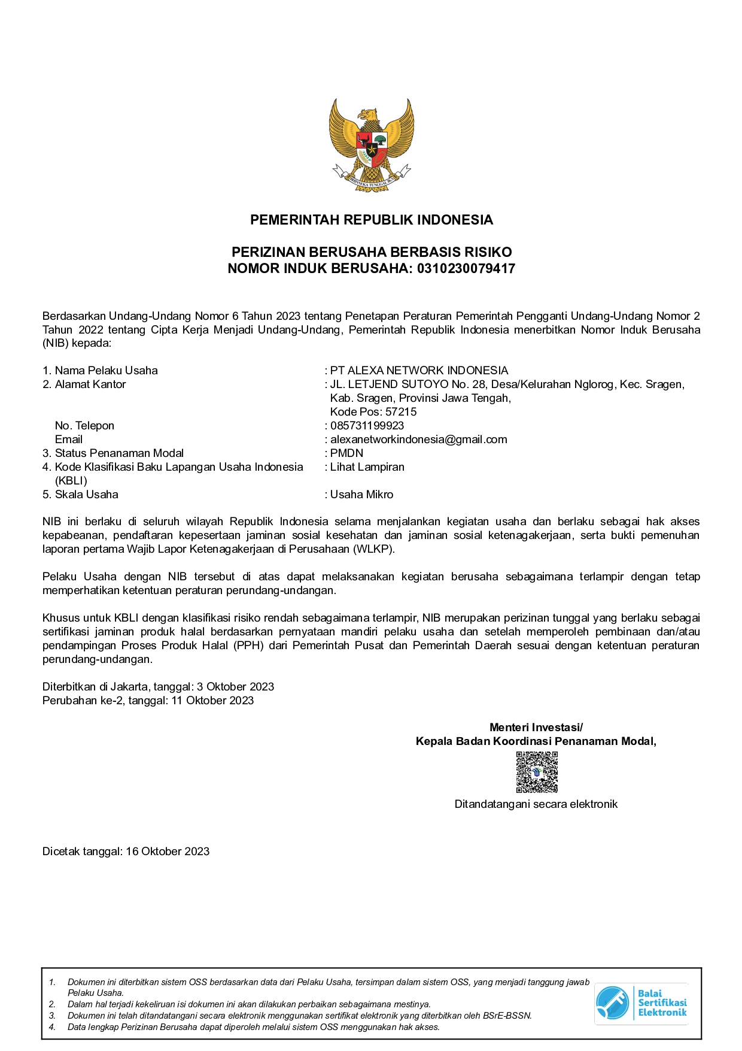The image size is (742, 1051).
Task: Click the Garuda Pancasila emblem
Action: tap(371, 145)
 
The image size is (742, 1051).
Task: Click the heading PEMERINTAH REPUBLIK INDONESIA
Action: tap(371, 220)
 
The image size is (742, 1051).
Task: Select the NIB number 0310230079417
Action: tap(466, 268)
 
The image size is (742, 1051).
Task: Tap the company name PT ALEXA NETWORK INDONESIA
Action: tap(419, 371)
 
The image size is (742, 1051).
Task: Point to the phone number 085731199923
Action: tap(367, 426)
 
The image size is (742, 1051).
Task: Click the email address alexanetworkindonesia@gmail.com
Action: tap(418, 440)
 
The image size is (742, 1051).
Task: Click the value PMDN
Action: tap(346, 453)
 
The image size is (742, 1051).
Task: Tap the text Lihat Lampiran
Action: tap(367, 467)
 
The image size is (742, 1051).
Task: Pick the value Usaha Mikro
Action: tap(361, 495)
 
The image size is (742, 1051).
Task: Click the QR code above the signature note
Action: tap(537, 773)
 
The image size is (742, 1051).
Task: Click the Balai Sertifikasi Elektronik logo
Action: tap(641, 1003)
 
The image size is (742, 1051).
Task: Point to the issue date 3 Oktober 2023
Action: tap(235, 687)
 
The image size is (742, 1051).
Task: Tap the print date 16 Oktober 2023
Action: tap(168, 852)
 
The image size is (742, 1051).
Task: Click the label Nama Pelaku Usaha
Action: tap(106, 371)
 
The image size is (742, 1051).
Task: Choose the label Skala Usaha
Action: tap(86, 495)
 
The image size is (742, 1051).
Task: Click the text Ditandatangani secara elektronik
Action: tap(536, 804)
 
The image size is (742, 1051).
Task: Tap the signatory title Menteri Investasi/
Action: tap(536, 728)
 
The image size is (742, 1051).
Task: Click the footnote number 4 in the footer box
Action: tap(52, 1027)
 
